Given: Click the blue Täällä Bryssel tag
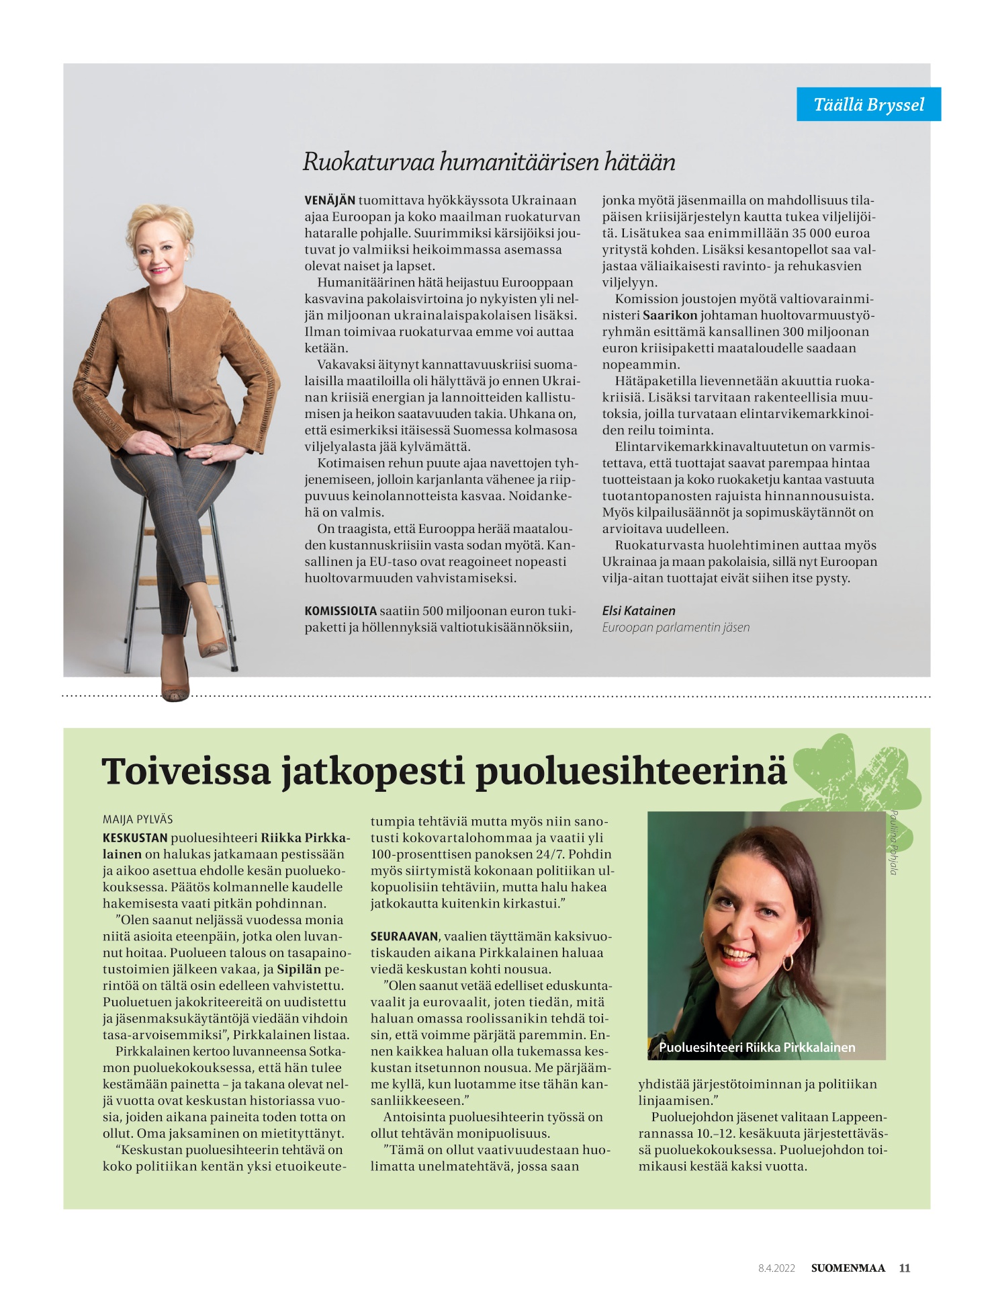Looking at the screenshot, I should coord(868,104).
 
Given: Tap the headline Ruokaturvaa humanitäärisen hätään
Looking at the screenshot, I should coord(489,161).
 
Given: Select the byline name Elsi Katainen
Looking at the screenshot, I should coord(639,610).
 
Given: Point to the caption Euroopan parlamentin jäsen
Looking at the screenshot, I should coord(676,627).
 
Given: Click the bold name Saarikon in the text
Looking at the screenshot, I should coord(670,315).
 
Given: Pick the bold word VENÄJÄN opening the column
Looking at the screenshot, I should coord(330,200).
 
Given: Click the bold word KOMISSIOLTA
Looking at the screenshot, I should coord(341,611).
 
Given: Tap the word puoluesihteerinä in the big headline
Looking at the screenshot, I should coord(631,771).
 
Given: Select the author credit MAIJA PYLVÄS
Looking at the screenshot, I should coord(138,819).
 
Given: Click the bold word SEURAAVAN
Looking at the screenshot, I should coord(404,936).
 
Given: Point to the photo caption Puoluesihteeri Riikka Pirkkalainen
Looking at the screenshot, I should coord(757,1047).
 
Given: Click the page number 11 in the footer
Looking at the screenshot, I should coord(905,1268).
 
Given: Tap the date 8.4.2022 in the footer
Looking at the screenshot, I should coord(776,1268).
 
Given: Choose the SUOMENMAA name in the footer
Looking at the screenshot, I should coord(848,1268).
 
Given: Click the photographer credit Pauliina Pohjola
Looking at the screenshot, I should coord(893,843).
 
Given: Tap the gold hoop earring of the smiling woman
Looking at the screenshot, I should coord(787,962).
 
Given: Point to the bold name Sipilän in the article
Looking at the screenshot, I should coord(299,969).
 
